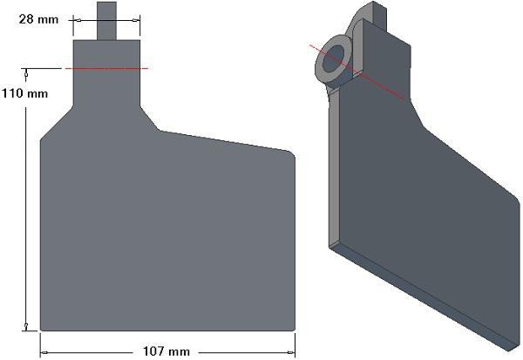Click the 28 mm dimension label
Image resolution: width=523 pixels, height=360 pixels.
pos(38,19)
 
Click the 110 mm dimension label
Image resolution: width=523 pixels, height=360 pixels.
pos(25,93)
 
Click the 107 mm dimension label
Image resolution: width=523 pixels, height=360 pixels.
pos(166,351)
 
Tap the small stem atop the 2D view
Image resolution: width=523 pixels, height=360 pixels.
pos(106,21)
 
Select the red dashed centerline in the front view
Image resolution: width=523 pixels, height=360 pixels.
pos(106,68)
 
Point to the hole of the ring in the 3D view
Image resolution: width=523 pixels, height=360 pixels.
pos(334,58)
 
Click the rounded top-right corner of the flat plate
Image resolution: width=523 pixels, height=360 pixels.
pos(291,154)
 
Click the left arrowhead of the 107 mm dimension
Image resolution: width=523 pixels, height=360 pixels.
pos(44,352)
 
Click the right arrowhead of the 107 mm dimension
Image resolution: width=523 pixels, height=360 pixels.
pos(291,352)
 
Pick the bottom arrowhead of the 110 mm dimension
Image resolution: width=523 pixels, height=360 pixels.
pos(26,327)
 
